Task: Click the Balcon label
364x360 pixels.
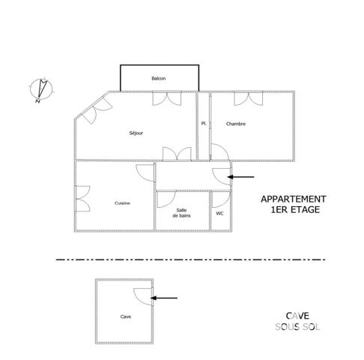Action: tap(158, 79)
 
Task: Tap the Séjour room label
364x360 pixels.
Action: tap(136, 133)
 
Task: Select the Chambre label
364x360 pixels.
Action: tap(236, 124)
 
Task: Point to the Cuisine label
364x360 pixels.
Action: tap(123, 203)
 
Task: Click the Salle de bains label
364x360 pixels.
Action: tap(182, 212)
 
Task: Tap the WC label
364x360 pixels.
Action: tap(219, 213)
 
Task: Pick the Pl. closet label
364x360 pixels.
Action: tap(203, 124)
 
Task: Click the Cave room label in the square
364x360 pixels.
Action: tap(125, 316)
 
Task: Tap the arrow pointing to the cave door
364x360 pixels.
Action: tap(166, 298)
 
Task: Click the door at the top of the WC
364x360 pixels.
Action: tap(220, 198)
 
